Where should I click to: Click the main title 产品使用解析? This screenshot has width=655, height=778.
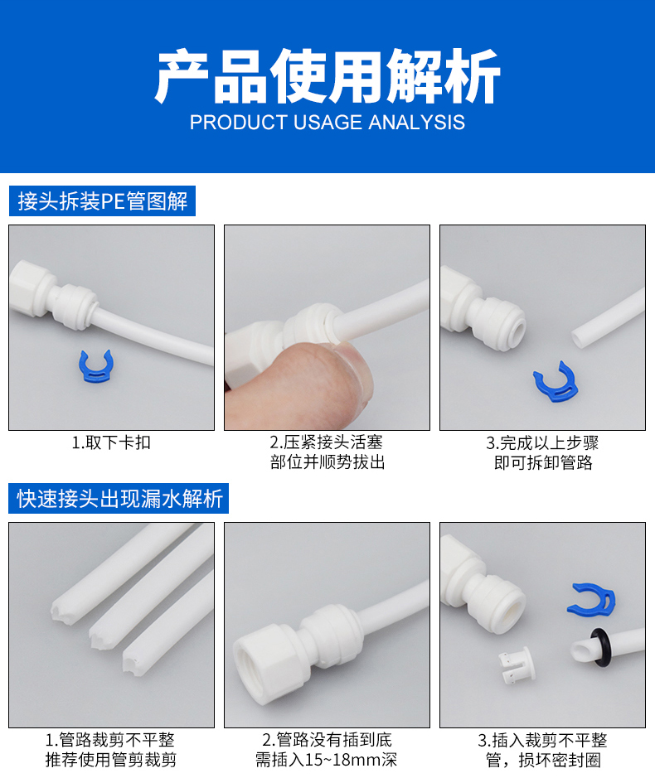(x=327, y=76)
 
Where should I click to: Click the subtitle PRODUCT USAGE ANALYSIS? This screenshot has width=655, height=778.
(x=327, y=122)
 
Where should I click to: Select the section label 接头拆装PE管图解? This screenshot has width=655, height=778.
(x=102, y=201)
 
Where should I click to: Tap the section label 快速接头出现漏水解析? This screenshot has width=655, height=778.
(x=119, y=498)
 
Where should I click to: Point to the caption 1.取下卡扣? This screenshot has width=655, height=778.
(x=111, y=442)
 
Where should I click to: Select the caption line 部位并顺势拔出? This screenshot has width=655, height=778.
(x=327, y=462)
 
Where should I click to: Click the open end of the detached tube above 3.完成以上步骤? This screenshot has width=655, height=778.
(x=578, y=338)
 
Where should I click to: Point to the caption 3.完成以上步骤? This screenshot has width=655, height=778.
(x=542, y=442)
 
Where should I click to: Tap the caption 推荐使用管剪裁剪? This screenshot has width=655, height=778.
(x=111, y=760)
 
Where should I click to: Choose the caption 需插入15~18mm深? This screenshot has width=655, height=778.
(x=327, y=760)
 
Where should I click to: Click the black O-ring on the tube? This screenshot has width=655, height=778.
(x=599, y=648)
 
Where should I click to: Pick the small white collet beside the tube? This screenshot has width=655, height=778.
(x=517, y=665)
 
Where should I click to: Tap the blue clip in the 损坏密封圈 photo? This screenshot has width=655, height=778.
(x=591, y=598)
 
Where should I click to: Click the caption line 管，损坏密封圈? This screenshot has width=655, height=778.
(x=543, y=760)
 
